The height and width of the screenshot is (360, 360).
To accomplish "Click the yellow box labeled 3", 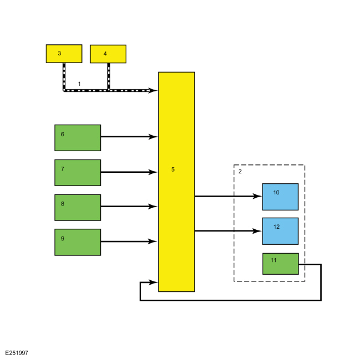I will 64,54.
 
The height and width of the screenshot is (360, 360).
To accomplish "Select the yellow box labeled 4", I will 108,54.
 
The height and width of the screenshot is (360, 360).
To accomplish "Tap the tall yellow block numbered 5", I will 176,182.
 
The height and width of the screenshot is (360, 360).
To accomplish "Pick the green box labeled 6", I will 78,137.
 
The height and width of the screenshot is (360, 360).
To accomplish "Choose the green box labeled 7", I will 78,172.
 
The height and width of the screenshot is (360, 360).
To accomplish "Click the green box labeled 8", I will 78,207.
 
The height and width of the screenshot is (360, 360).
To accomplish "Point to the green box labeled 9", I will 78,242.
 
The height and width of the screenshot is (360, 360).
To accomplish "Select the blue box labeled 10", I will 280,197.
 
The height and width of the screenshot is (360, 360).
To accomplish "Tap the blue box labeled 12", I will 280,231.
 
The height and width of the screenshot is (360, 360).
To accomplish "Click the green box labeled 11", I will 280,264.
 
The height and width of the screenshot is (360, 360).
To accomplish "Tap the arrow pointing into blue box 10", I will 228,196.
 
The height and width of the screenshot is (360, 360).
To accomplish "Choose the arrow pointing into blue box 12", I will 228,231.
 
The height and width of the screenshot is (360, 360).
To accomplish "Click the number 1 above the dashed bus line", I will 79,84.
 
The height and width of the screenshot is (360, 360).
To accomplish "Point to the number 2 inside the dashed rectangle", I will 240,171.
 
